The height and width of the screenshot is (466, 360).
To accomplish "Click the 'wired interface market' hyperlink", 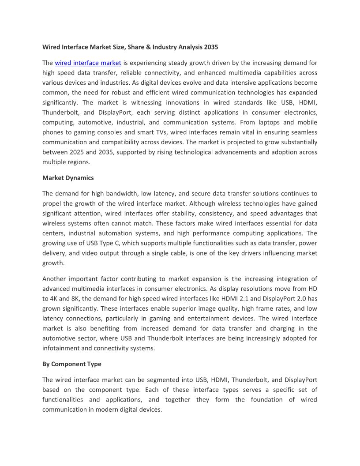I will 88,63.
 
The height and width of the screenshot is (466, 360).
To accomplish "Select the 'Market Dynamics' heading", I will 68,178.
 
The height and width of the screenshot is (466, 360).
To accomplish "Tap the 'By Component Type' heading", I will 72,364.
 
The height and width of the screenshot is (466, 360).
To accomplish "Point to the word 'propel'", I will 52,203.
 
